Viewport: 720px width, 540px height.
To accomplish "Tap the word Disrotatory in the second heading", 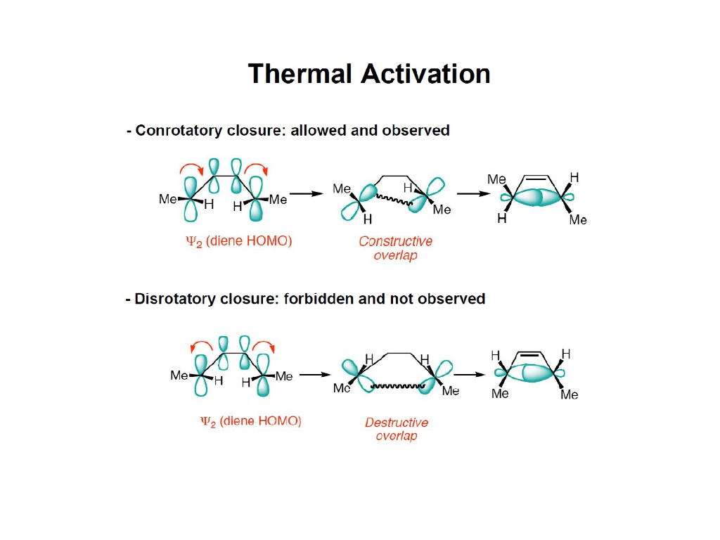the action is [x=178, y=299].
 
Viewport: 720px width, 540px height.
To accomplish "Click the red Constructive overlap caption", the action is [x=395, y=247].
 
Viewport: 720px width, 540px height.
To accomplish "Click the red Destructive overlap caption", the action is [x=396, y=429].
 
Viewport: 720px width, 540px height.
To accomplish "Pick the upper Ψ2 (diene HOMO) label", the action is [x=238, y=241].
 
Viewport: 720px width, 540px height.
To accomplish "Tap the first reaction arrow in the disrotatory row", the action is [x=315, y=375].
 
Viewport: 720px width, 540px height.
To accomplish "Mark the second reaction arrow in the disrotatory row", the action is [x=470, y=375].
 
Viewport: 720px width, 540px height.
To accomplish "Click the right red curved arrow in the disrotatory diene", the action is [x=264, y=345].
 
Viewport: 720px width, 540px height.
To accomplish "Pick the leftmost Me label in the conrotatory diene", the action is [x=167, y=199].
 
